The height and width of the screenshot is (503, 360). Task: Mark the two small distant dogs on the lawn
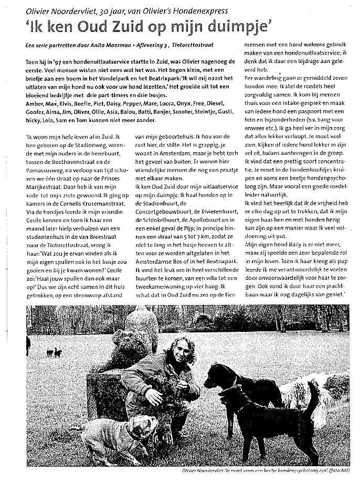click(x=54, y=352)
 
